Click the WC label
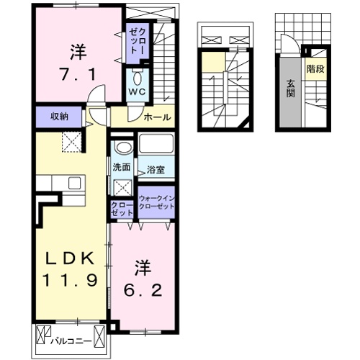coord(137,91)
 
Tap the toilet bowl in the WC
coord(138,78)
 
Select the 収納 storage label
coord(59,117)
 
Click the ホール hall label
coord(158,117)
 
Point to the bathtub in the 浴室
coord(156,143)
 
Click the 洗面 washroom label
coord(122,167)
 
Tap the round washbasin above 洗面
coord(124,147)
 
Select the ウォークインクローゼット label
coord(156,202)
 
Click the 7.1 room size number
coord(78,74)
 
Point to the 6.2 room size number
coord(143,291)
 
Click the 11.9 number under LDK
coord(71,280)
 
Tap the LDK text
coord(70,258)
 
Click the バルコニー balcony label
coord(71,341)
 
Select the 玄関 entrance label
coord(290,89)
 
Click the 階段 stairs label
coord(315,69)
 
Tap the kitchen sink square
coord(75,183)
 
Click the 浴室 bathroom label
coord(156,170)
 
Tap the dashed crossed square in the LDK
coord(72,142)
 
